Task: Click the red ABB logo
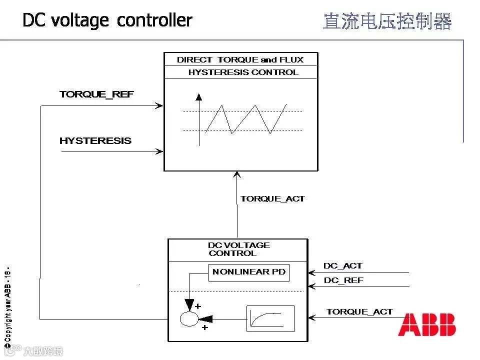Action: [426, 325]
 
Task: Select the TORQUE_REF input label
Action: [96, 94]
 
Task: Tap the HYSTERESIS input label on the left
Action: [95, 141]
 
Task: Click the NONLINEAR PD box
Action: [249, 272]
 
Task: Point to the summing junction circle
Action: [189, 318]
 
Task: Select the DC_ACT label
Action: [343, 266]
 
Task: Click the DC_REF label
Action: [343, 280]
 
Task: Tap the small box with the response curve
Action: [270, 318]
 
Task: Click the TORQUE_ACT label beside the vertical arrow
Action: [272, 199]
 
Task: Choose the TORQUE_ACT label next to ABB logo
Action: [359, 312]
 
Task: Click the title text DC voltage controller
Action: [107, 20]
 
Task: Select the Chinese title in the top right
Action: [387, 21]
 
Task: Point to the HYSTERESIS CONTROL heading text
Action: [243, 72]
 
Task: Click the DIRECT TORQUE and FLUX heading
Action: [240, 60]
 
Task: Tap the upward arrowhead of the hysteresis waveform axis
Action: [199, 97]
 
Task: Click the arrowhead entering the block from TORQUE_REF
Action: [160, 105]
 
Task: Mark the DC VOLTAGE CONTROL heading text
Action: [239, 249]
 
